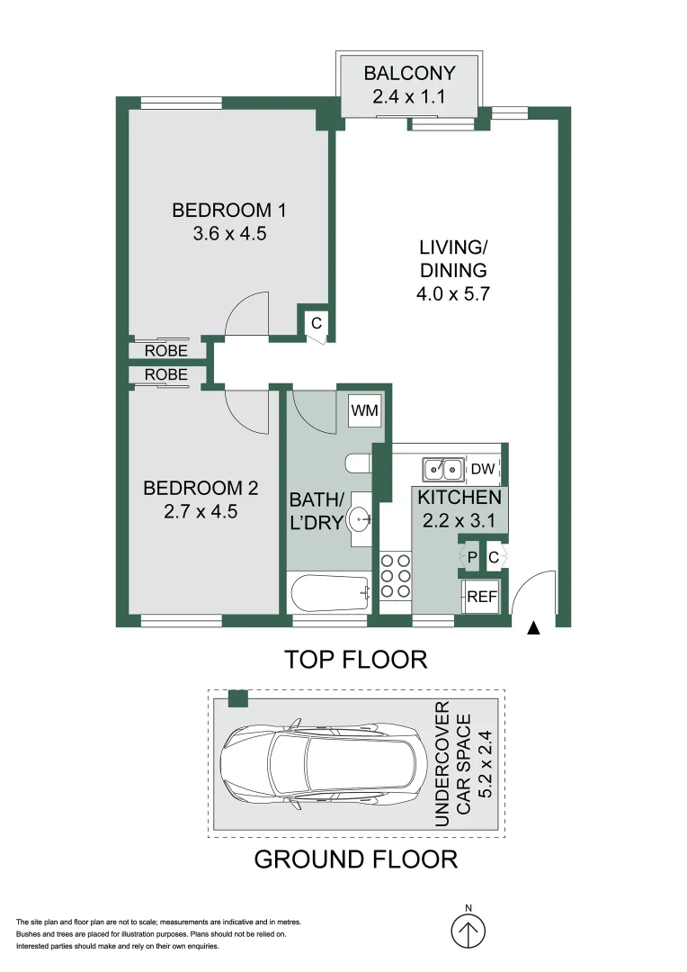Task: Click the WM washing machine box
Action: tap(364, 410)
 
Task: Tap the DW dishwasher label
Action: tap(483, 469)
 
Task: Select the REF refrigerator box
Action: tap(481, 597)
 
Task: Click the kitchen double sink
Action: tap(443, 469)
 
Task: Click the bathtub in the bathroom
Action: tap(330, 593)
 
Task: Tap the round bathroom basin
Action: tap(361, 517)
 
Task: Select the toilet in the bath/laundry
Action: tap(359, 463)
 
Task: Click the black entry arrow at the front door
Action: tap(534, 629)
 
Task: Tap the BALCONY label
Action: tap(409, 73)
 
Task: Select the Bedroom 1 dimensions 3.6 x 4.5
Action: tap(228, 234)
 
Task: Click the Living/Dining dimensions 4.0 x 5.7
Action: tap(452, 293)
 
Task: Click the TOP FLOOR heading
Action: tap(355, 660)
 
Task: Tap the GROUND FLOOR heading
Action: tap(355, 859)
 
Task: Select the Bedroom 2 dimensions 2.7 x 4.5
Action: tap(201, 512)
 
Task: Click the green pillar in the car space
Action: tap(237, 698)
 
